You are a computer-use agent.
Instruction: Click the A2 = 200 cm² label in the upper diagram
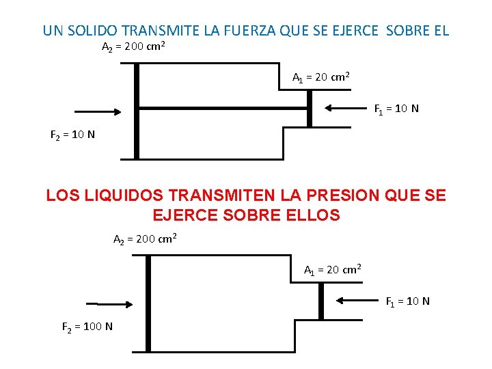tap(133, 48)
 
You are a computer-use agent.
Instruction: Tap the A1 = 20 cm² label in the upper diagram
tap(321, 77)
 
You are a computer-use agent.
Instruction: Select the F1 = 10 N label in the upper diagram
tap(396, 109)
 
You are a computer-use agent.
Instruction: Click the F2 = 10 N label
tap(72, 134)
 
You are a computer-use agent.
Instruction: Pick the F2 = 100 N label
tap(87, 327)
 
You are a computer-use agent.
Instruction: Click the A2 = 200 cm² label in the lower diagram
tap(145, 239)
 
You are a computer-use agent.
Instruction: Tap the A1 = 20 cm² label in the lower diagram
tap(333, 269)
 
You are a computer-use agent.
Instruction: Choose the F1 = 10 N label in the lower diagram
tap(408, 301)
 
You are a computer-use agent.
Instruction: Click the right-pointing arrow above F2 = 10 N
tap(97, 111)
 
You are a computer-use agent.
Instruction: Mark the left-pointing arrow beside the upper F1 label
tap(348, 107)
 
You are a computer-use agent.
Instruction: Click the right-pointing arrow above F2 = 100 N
tap(109, 304)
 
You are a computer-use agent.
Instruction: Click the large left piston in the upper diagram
tap(137, 111)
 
